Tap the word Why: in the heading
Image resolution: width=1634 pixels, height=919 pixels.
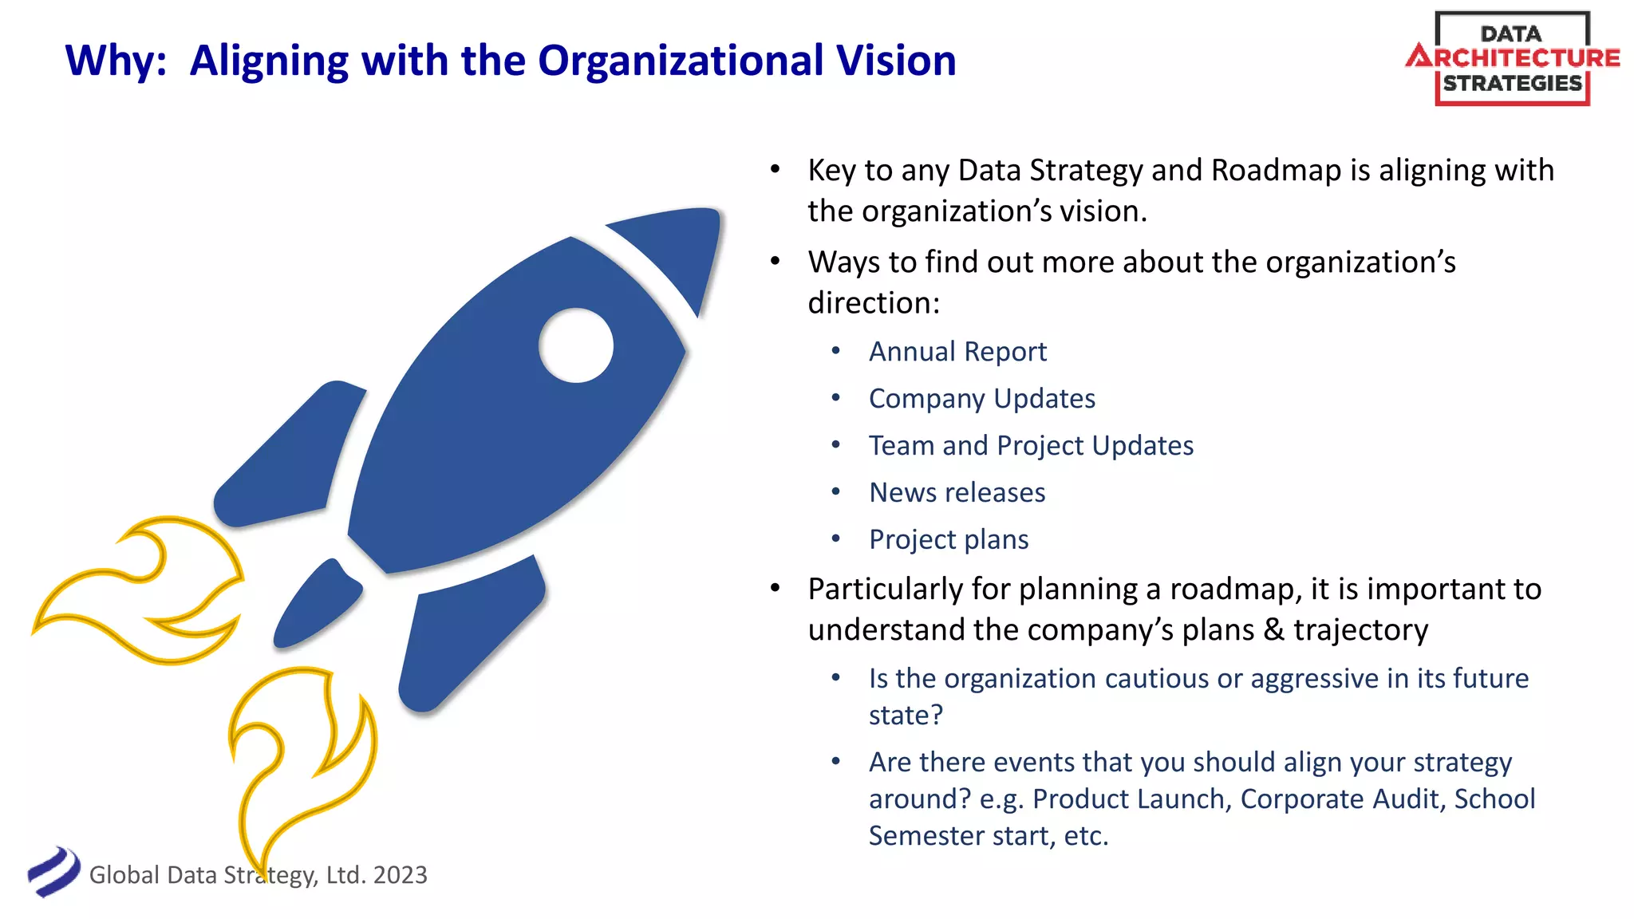[x=116, y=61]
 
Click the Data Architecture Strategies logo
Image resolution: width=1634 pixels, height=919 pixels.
[x=1513, y=58]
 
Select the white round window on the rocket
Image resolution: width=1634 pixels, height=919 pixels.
[x=576, y=345]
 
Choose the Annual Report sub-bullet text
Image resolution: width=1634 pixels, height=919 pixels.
[x=957, y=352]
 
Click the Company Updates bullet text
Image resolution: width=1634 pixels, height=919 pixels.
[x=981, y=399]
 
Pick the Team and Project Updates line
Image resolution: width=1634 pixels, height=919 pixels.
[x=1031, y=446]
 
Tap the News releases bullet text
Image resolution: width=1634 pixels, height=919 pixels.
[x=957, y=493]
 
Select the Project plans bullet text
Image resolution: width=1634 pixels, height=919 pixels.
[x=949, y=540]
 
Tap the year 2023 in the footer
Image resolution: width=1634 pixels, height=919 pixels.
[x=400, y=875]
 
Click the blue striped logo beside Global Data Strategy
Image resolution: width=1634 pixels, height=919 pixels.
[x=53, y=872]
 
